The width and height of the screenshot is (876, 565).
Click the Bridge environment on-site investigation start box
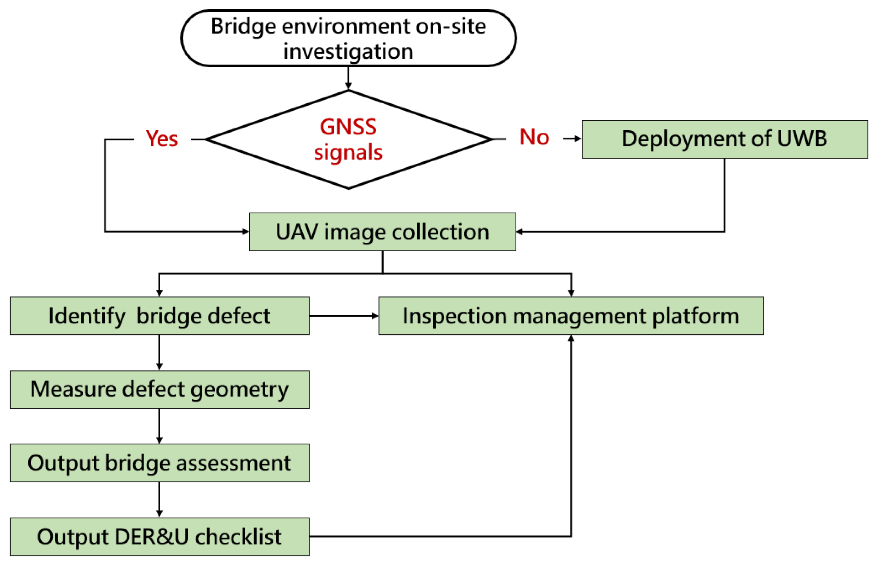(348, 38)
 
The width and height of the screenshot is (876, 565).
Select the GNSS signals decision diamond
(348, 139)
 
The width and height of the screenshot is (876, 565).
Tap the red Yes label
(162, 139)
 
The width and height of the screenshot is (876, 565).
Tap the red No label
(534, 137)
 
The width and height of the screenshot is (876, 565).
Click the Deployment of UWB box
(724, 139)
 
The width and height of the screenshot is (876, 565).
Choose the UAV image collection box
(382, 232)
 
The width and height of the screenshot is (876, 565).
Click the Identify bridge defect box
(159, 316)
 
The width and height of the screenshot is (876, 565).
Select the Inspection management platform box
(571, 316)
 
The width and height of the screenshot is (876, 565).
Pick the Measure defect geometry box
(159, 390)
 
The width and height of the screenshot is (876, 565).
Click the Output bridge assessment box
(159, 463)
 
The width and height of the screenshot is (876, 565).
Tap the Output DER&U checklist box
(159, 537)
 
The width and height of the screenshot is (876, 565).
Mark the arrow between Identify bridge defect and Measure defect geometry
(159, 352)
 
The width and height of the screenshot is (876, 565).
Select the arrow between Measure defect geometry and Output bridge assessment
(159, 426)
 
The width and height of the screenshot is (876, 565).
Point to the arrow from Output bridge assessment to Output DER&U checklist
(159, 499)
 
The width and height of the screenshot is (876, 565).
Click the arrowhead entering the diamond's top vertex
(348, 86)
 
